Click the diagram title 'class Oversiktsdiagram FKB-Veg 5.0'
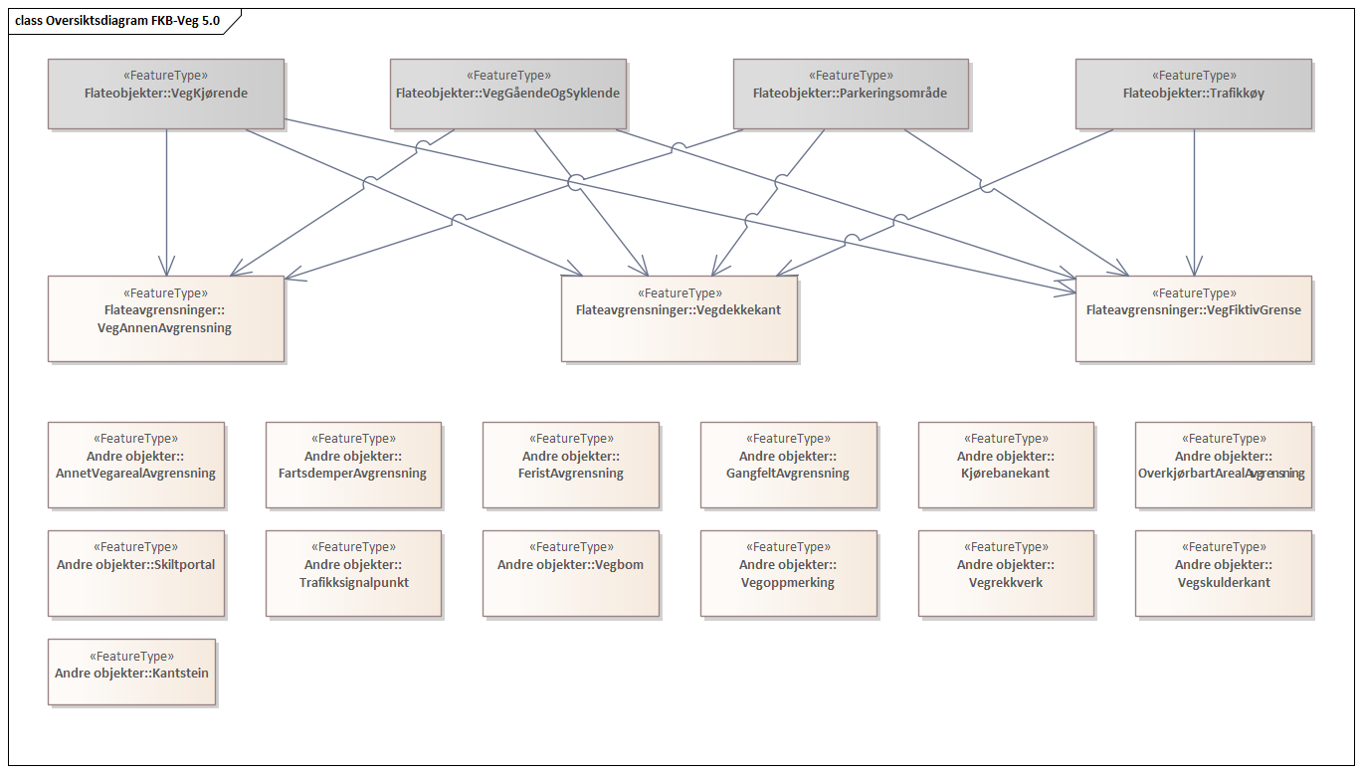117,20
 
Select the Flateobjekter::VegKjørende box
166,94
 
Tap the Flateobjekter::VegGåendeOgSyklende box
507,94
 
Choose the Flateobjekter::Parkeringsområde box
850,94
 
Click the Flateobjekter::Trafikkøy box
1193,94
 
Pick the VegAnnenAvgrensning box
165,318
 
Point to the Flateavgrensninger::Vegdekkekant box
679,318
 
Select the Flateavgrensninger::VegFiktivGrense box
1193,318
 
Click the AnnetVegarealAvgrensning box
135,465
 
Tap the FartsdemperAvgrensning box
353,465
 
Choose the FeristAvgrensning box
570,465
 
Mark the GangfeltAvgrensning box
788,465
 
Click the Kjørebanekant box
1006,465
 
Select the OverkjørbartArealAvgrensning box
1223,465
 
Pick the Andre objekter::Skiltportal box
135,573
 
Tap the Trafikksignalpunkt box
353,573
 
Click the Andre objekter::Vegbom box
570,573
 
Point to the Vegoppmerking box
788,573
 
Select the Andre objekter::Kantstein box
131,673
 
